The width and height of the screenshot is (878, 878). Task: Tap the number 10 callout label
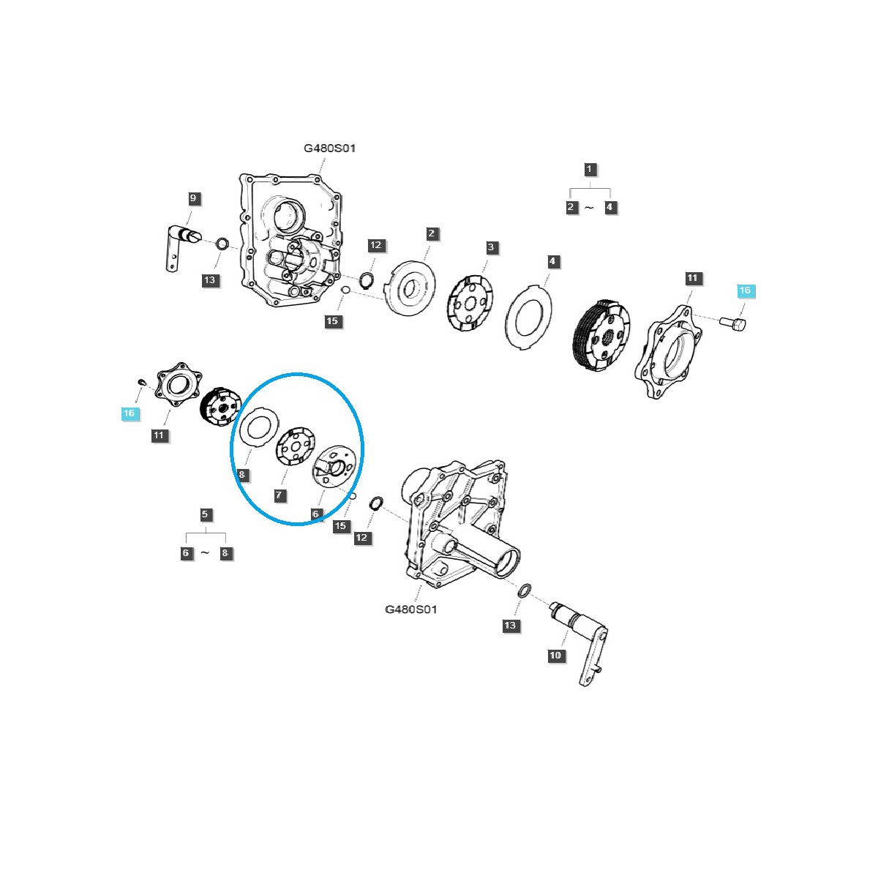[x=555, y=655]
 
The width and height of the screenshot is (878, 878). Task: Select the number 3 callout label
[x=491, y=247]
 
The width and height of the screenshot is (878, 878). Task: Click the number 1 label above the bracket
[x=590, y=169]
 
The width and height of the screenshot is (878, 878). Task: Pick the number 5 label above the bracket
[x=206, y=514]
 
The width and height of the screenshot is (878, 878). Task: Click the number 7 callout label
[x=279, y=495]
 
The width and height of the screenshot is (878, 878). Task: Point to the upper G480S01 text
[x=330, y=149]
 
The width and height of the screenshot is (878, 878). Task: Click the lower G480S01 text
[x=411, y=609]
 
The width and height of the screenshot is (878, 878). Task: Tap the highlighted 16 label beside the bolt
[x=744, y=290]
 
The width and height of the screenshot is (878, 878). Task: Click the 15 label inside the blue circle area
[x=340, y=526]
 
